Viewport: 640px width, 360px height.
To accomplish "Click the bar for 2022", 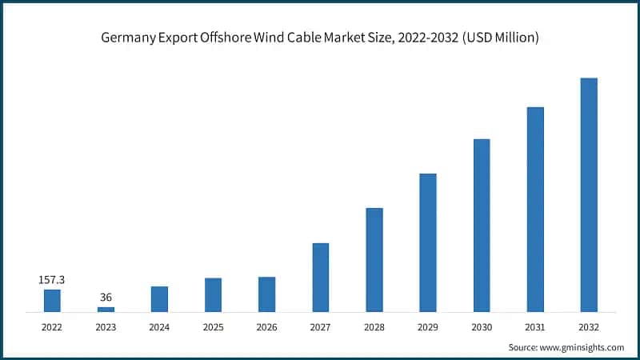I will click(x=52, y=300).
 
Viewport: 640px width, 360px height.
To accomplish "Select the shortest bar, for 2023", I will click(x=106, y=309).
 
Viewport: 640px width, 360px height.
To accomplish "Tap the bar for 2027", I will click(x=320, y=277).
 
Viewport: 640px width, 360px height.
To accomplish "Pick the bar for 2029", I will click(x=428, y=242).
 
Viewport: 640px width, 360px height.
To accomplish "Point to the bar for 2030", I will click(x=482, y=225).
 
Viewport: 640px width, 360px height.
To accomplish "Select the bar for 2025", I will click(x=213, y=294).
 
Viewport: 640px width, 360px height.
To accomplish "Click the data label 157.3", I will click(x=52, y=280).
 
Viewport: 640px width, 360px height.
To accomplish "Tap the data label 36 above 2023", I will click(x=106, y=298).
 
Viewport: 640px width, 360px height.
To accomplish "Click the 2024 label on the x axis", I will click(x=159, y=326).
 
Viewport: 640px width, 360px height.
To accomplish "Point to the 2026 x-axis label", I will click(x=266, y=326).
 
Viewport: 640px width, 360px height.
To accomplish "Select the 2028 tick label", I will click(x=374, y=326).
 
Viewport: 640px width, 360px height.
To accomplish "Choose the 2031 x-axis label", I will click(x=535, y=326).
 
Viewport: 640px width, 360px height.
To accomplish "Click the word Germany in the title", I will click(x=127, y=37).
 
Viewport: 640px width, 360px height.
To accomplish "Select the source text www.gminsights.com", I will click(x=583, y=347).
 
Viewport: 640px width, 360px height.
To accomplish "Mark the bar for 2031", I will click(x=535, y=209).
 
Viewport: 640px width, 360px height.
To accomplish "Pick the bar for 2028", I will click(x=374, y=259).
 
